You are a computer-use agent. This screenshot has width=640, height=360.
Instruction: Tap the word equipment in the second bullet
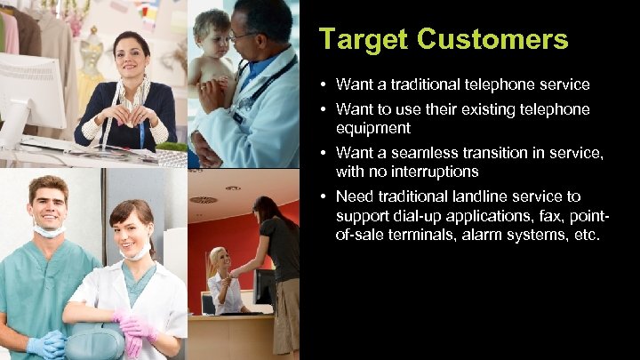372,127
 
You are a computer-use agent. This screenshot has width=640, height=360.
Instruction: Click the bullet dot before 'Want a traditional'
326,85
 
